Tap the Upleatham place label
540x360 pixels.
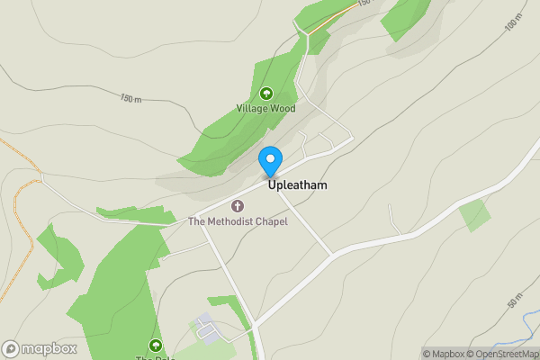pyautogui.click(x=296, y=185)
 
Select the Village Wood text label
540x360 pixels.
pyautogui.click(x=266, y=108)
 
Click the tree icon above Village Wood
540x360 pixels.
pyautogui.click(x=266, y=94)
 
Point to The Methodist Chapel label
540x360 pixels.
pyautogui.click(x=238, y=221)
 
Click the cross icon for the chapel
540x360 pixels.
pyautogui.click(x=238, y=206)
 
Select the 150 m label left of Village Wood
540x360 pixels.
pyautogui.click(x=130, y=98)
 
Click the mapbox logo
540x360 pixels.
pyautogui.click(x=40, y=349)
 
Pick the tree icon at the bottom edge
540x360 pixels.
pyautogui.click(x=155, y=346)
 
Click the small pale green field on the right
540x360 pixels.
pyautogui.click(x=475, y=215)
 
